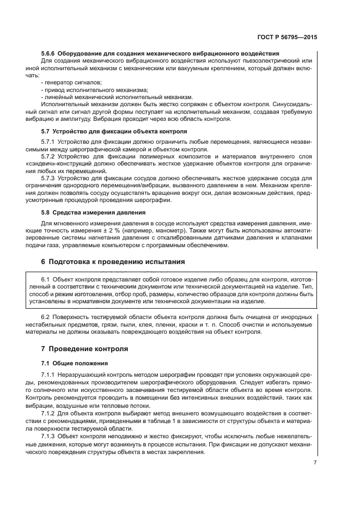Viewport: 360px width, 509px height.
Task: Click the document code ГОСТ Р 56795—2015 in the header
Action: tap(288, 39)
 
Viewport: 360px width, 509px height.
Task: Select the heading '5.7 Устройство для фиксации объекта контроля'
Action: tap(114, 132)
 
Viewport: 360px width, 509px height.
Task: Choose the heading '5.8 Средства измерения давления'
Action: tap(93, 213)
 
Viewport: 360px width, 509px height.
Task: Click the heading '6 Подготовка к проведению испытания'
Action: tap(113, 262)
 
